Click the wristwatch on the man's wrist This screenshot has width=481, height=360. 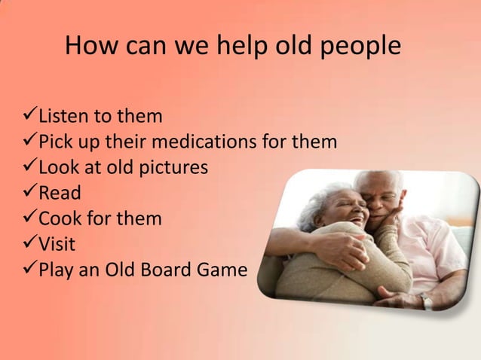click(x=427, y=301)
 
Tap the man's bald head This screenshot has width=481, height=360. click(x=377, y=181)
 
